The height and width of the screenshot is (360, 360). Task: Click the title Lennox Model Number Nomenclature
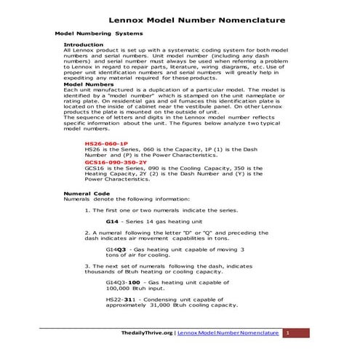pyautogui.click(x=192, y=20)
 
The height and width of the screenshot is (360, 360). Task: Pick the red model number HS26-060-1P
pyautogui.click(x=106, y=144)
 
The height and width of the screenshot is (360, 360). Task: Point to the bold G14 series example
pyautogui.click(x=112, y=220)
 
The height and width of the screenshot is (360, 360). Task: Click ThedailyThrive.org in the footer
pyautogui.click(x=146, y=333)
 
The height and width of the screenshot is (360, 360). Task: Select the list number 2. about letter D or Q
pyautogui.click(x=87, y=232)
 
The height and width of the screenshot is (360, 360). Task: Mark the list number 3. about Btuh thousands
pyautogui.click(x=87, y=266)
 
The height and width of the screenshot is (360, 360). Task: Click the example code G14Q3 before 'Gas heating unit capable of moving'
pyautogui.click(x=116, y=249)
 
